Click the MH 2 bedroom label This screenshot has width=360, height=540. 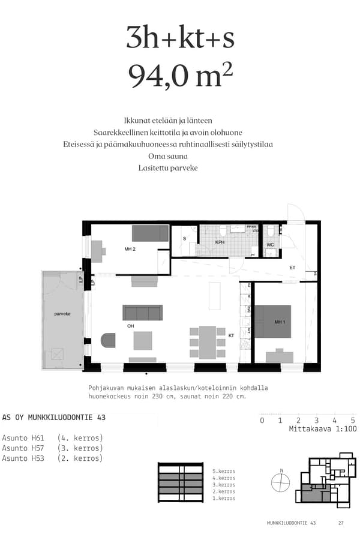click(129, 248)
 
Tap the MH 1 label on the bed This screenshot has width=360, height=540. click(279, 322)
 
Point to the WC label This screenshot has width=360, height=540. click(270, 245)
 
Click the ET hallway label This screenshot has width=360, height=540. click(293, 268)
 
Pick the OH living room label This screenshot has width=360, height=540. click(130, 326)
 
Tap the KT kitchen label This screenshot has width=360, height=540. click(231, 335)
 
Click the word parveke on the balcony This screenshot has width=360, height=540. click(62, 314)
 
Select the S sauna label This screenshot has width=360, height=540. click(184, 239)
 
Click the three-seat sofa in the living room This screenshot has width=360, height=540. click(143, 313)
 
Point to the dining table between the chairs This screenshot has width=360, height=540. click(207, 343)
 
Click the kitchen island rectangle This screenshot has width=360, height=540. click(215, 295)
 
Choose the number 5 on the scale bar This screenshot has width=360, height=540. click(353, 421)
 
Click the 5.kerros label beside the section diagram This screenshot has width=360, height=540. click(224, 472)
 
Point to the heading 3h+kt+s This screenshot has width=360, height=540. click(180, 38)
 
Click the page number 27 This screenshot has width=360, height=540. click(341, 523)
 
